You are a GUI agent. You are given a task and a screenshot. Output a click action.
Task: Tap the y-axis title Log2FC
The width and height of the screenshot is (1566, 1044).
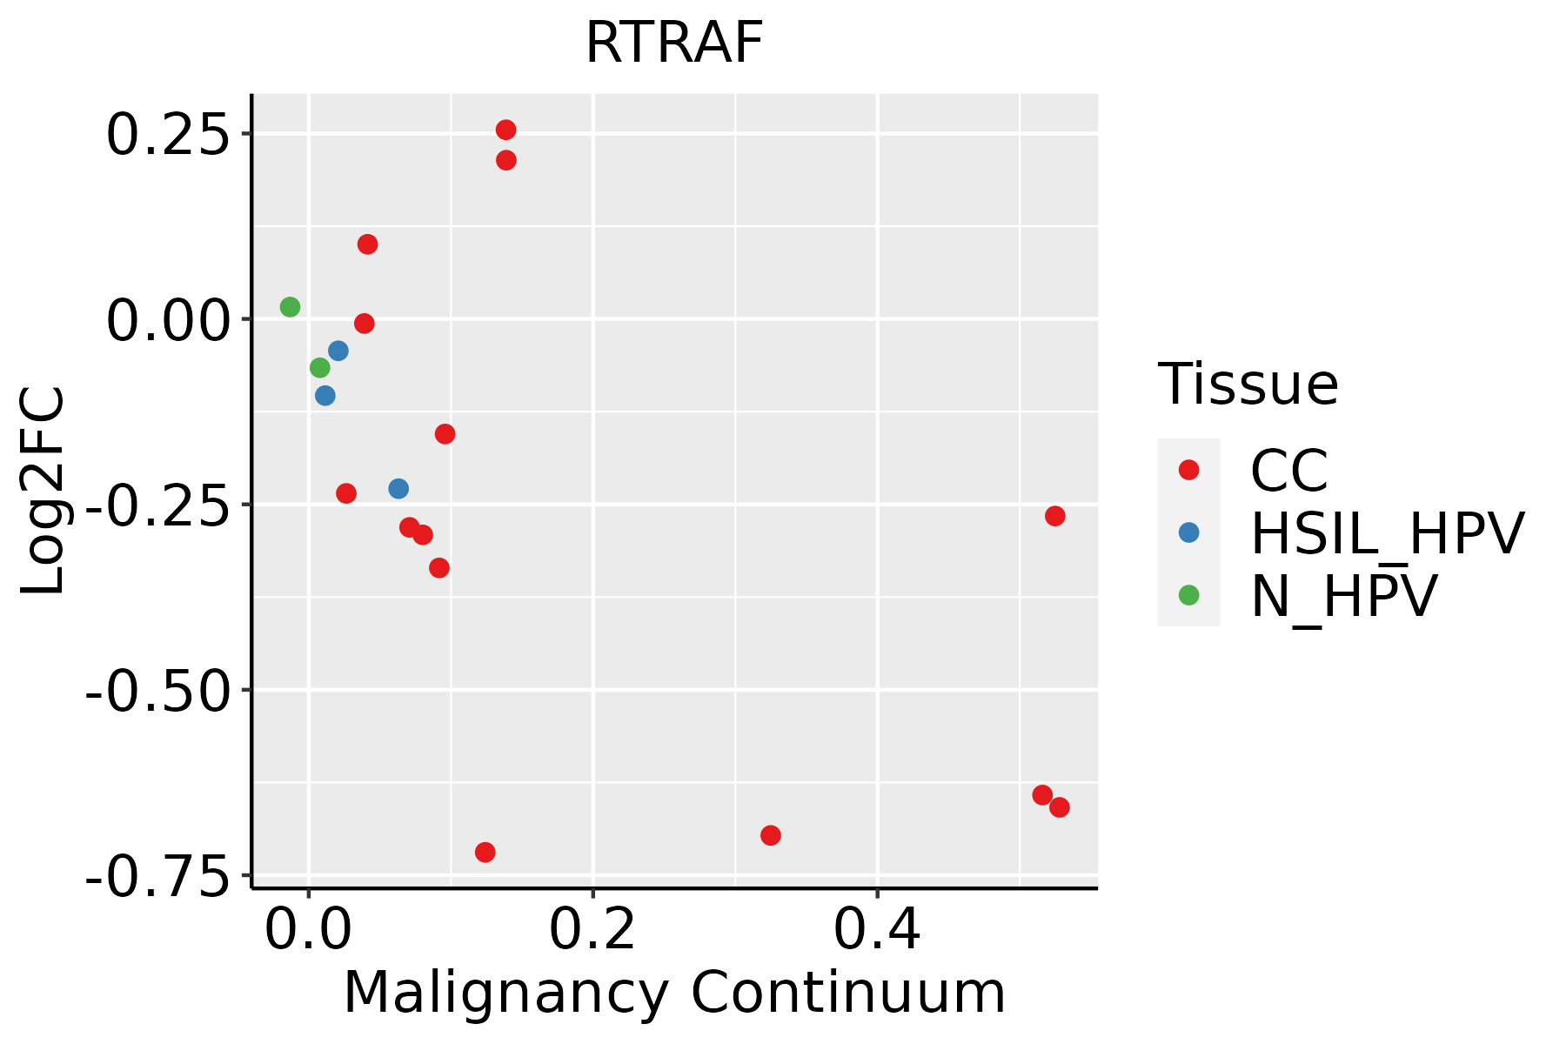tap(43, 492)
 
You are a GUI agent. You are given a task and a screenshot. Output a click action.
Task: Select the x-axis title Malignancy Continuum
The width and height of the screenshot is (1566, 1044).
tap(674, 994)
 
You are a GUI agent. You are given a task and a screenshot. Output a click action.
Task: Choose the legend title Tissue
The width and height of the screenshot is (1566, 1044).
tap(1248, 384)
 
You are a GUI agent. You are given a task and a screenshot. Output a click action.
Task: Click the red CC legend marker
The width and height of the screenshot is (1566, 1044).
tap(1188, 470)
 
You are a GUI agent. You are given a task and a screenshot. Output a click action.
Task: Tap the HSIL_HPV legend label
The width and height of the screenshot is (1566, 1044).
tap(1387, 533)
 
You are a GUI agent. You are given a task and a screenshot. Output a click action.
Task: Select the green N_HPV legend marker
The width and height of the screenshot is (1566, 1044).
tap(1188, 595)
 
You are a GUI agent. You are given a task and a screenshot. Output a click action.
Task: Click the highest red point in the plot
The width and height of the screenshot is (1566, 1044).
tap(505, 130)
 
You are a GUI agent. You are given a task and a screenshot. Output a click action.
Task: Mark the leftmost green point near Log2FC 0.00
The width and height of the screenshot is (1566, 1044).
tap(290, 307)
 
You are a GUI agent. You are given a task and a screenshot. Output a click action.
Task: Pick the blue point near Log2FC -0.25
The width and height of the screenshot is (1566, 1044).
tap(398, 488)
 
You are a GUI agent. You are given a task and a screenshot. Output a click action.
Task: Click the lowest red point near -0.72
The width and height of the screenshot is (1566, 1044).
tap(485, 852)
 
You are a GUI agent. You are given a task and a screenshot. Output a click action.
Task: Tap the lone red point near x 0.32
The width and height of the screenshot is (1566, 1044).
tap(770, 835)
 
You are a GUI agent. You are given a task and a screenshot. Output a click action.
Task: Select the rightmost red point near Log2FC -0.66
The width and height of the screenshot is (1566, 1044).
tap(1059, 807)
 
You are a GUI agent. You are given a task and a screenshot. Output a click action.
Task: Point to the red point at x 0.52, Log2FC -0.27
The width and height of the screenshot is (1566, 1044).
tap(1054, 516)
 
